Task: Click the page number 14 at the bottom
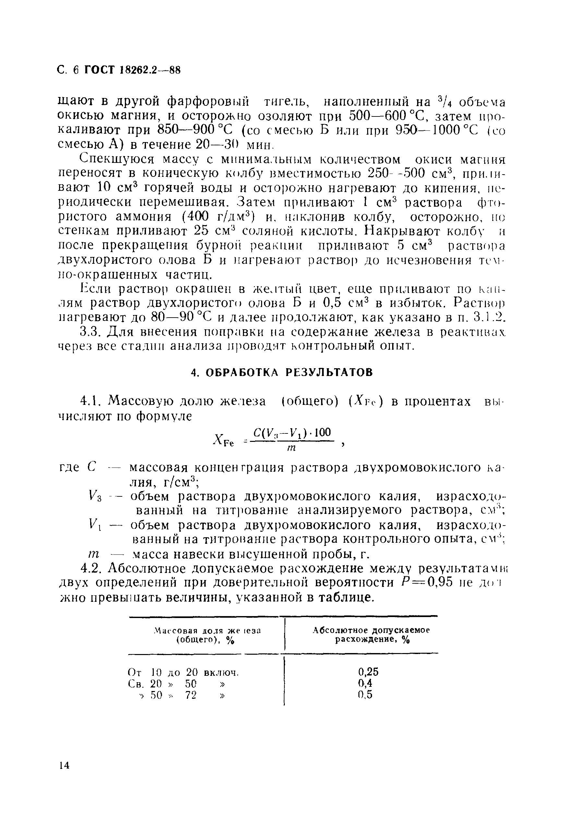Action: pos(64,765)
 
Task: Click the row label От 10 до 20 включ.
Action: pos(183,672)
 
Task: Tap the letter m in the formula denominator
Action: pos(292,448)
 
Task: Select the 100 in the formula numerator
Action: pos(322,432)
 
